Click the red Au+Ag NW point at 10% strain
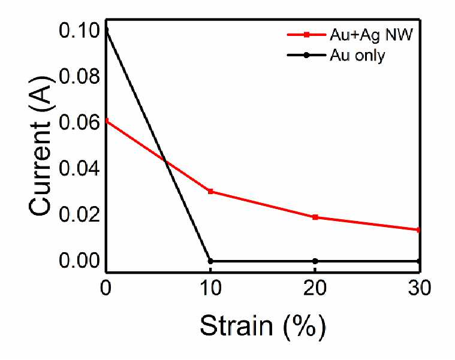[x=210, y=191]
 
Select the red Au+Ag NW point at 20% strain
[x=315, y=217]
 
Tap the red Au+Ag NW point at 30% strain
[x=418, y=230]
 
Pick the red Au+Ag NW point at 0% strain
[x=107, y=120]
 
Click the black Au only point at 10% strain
[x=210, y=261]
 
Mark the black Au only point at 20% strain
[x=315, y=261]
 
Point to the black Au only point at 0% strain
[x=107, y=30]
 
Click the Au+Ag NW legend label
[x=371, y=35]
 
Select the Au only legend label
[x=357, y=55]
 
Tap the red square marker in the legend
[x=306, y=35]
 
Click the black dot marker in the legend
[x=306, y=55]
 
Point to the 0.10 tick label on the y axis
[x=79, y=31]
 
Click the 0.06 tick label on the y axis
[x=79, y=123]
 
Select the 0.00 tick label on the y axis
[x=79, y=261]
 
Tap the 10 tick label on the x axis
[x=210, y=289]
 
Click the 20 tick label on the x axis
[x=315, y=289]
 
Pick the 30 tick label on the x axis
[x=419, y=289]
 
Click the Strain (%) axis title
[x=263, y=326]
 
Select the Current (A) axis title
[x=41, y=146]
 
